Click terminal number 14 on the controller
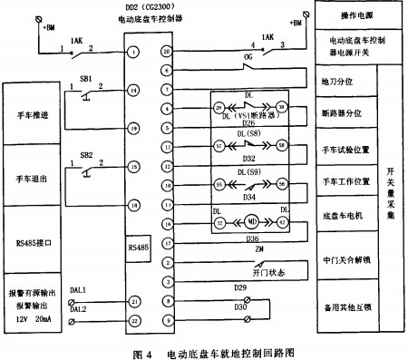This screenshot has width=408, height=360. pyautogui.click(x=133, y=90)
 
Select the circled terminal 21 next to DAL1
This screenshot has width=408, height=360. pyautogui.click(x=133, y=300)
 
